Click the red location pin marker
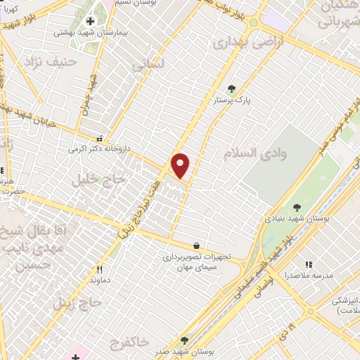(181, 166)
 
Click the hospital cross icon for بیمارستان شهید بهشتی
(91, 21)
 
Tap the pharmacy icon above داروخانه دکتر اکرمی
(100, 139)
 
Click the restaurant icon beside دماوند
(99, 269)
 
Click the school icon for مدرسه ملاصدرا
(308, 265)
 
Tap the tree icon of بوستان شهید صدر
(185, 340)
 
